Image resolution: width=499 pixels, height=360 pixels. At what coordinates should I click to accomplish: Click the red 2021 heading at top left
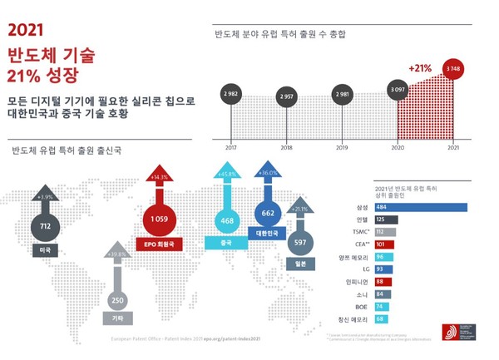(25, 31)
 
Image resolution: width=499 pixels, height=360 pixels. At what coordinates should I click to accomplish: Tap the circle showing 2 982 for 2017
(230, 95)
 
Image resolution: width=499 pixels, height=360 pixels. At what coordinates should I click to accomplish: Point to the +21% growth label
(420, 69)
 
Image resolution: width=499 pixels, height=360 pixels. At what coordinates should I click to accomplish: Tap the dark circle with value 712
(46, 224)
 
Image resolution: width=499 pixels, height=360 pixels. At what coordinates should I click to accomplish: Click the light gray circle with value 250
(118, 299)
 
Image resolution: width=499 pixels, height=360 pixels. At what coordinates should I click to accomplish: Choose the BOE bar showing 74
(381, 307)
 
